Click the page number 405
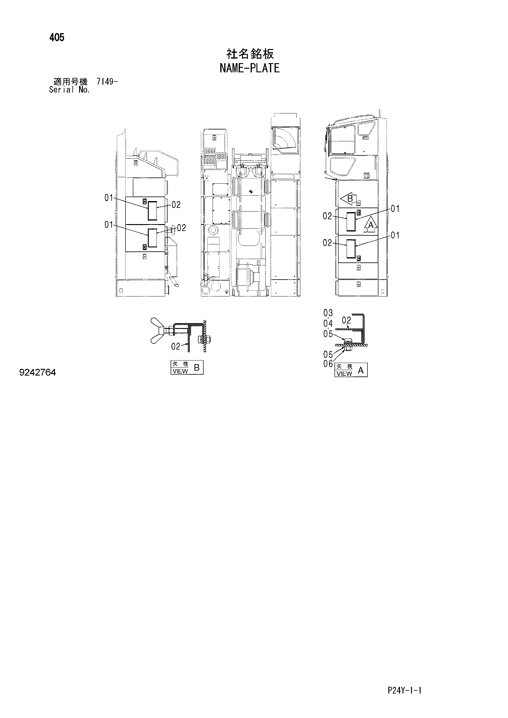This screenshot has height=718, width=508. [57, 38]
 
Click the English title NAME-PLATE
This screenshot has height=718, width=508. [249, 68]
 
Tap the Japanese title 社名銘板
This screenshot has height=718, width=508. [250, 54]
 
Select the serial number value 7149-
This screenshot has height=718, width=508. [107, 82]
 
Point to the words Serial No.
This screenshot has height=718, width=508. [70, 90]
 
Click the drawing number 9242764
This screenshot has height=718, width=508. [37, 372]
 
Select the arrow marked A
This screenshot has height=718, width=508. [371, 224]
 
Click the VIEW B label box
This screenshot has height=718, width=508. [187, 368]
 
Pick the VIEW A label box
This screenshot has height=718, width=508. [351, 370]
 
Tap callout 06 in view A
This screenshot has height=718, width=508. [328, 364]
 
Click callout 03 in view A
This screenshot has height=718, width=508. [328, 313]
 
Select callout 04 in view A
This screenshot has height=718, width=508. [328, 323]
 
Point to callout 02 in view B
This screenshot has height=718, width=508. [175, 346]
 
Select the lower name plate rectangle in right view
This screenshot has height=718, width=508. [351, 249]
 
